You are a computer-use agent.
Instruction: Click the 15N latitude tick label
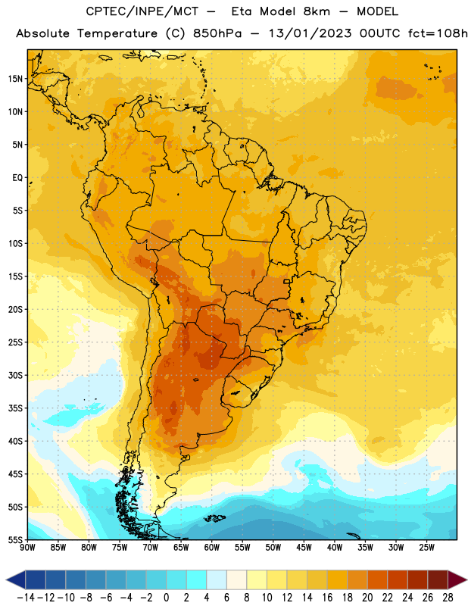(15, 79)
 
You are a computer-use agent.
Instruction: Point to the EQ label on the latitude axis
(17, 178)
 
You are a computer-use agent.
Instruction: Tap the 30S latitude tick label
(15, 375)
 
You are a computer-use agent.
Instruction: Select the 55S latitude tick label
(15, 540)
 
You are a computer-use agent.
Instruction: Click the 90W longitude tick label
(27, 548)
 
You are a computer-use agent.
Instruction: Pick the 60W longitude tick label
(212, 548)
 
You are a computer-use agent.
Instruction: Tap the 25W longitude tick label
(426, 548)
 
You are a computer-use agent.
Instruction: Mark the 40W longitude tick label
(335, 548)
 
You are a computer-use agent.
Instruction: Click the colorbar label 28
(448, 598)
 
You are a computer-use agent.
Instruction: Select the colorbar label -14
(26, 598)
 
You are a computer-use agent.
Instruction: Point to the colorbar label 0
(166, 598)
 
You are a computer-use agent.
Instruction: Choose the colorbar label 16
(327, 598)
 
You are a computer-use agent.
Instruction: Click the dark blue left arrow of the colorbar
(16, 579)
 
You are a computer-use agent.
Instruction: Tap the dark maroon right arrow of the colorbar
(457, 579)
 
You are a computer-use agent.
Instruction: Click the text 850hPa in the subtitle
(217, 33)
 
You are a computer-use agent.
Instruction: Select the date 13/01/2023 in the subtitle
(310, 33)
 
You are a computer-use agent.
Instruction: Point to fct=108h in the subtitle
(438, 33)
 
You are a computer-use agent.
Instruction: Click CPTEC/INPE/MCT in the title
(142, 11)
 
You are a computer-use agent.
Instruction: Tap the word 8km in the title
(317, 11)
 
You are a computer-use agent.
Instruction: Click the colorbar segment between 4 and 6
(217, 579)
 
